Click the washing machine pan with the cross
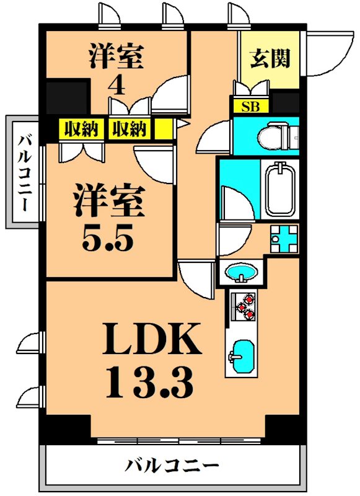284,238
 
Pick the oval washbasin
242,272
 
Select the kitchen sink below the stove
241,356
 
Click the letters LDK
152,340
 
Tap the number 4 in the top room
116,84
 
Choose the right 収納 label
130,129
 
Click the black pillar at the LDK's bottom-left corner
65,428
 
